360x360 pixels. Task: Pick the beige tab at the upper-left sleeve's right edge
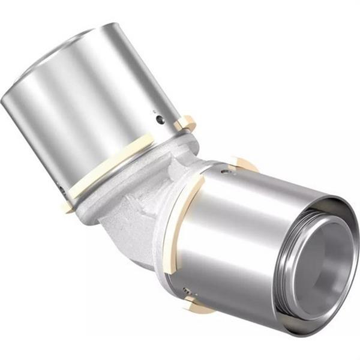coord(185,123)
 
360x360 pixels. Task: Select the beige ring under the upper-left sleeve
coord(114,168)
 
